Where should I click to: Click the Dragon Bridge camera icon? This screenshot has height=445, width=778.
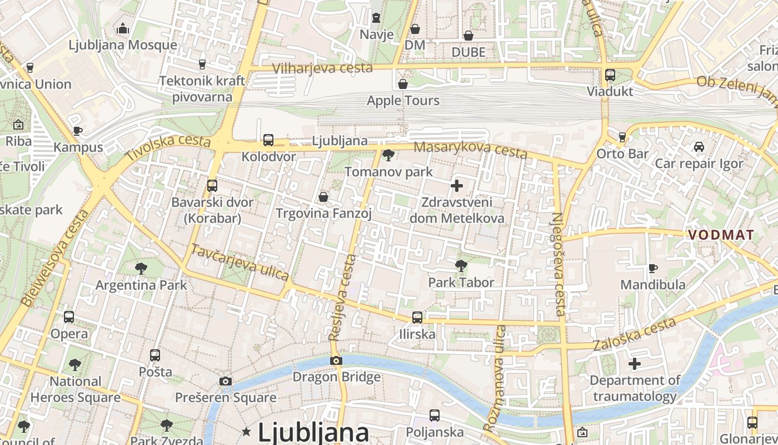[336, 361]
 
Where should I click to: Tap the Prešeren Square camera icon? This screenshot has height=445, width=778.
[226, 381]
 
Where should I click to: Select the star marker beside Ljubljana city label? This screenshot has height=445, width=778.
[246, 431]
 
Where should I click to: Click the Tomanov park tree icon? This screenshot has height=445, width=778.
[388, 155]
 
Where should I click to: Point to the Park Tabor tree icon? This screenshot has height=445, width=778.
[461, 266]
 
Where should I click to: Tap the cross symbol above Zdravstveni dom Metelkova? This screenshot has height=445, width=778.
[457, 186]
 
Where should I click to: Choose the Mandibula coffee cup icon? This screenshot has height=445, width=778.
[653, 269]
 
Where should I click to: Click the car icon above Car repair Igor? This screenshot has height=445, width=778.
[699, 147]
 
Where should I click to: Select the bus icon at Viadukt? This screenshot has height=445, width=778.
[610, 75]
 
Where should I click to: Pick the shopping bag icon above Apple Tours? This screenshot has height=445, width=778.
[403, 84]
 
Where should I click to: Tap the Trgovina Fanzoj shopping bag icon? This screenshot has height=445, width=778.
[323, 197]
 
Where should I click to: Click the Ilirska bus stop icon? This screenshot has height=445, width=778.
[417, 318]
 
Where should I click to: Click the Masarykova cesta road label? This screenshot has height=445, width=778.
[470, 149]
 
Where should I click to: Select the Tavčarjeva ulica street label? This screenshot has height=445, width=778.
[240, 262]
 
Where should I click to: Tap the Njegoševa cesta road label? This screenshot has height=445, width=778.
[558, 264]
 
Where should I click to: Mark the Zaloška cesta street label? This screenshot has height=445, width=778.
[635, 335]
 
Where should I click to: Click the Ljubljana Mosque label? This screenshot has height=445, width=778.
[123, 45]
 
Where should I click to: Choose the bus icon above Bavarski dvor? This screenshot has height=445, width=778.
[212, 186]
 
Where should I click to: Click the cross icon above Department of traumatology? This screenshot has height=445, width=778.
[634, 364]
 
